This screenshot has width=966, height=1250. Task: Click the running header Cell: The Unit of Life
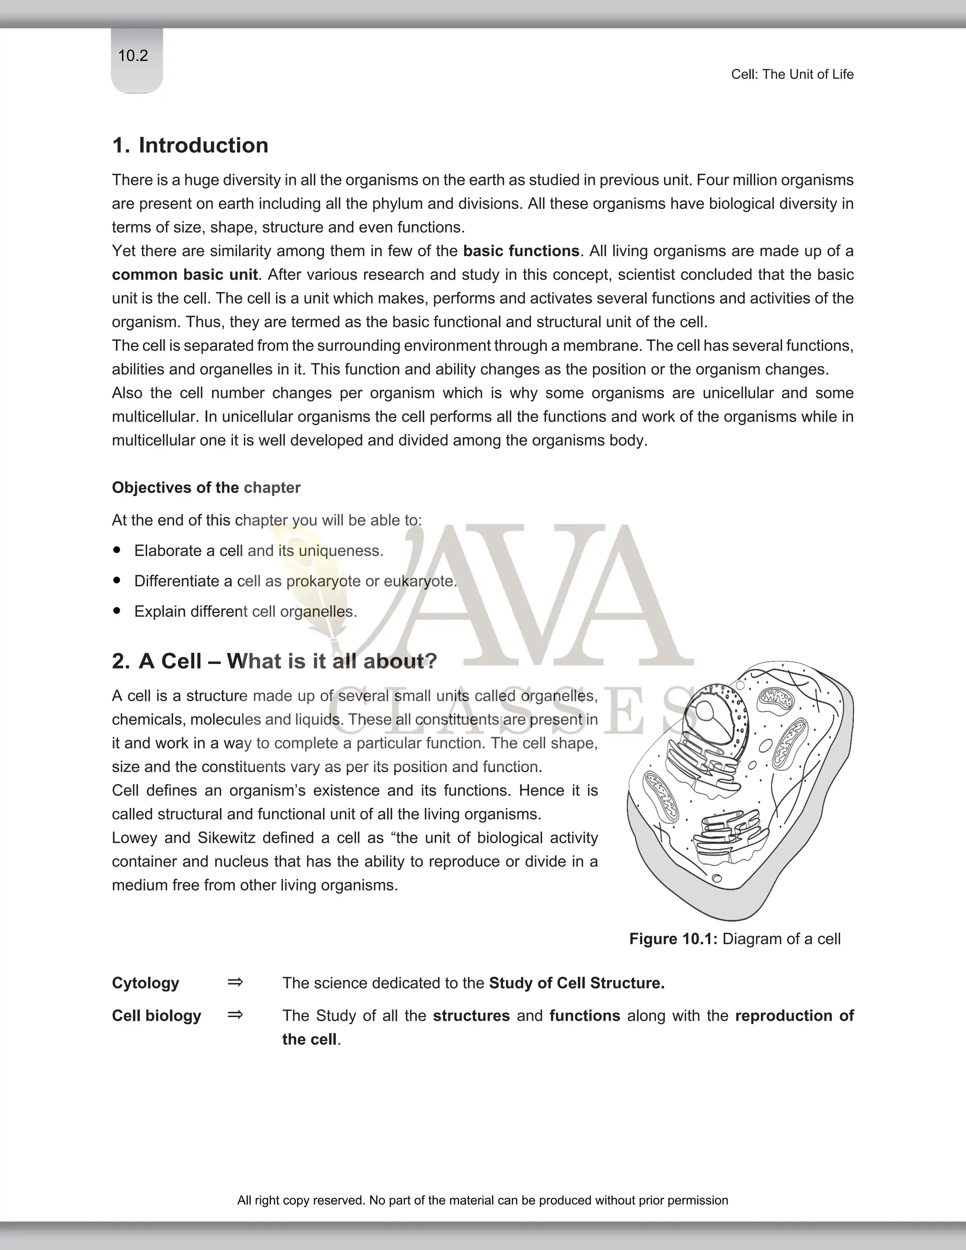tap(792, 75)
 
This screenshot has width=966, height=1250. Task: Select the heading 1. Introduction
tap(190, 145)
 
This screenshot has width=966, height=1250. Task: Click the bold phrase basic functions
tap(521, 251)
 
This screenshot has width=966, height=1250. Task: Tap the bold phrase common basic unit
tap(184, 275)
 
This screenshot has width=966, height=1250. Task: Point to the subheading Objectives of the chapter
tap(206, 488)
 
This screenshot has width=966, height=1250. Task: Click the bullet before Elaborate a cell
tap(117, 550)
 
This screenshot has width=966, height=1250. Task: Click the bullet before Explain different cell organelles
tap(117, 611)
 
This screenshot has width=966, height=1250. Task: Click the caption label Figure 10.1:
tap(673, 939)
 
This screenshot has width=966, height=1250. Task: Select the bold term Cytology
tap(145, 983)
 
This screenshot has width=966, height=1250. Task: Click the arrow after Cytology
tap(234, 983)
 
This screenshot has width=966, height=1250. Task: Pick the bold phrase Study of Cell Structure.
tap(576, 983)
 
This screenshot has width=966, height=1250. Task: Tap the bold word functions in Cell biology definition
tap(584, 1016)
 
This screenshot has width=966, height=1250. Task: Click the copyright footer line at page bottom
tap(483, 1200)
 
